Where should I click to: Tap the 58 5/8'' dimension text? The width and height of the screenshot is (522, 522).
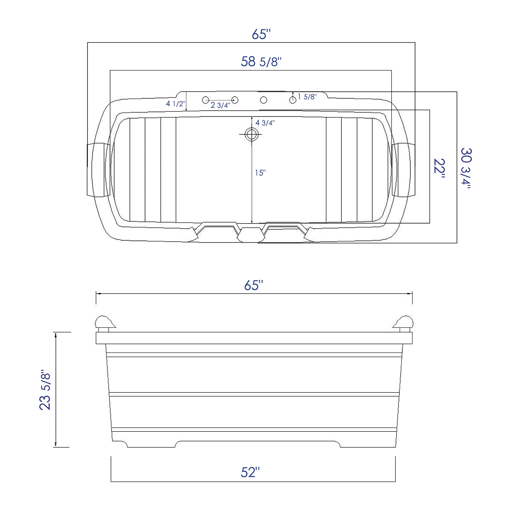click(261, 62)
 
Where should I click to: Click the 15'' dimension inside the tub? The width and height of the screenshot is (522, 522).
click(260, 173)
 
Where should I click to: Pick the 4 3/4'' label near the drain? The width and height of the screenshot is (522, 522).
click(265, 123)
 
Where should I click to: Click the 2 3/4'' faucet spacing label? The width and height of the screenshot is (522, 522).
click(220, 105)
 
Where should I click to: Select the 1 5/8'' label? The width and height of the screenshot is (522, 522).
click(307, 97)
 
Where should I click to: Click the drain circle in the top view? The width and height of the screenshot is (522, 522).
click(251, 134)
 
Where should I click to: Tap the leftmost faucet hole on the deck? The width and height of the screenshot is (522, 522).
click(205, 100)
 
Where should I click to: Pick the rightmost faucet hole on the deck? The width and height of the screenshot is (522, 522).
click(293, 100)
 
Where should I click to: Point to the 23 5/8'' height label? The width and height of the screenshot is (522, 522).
click(45, 391)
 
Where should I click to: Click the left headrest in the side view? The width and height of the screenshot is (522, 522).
click(104, 323)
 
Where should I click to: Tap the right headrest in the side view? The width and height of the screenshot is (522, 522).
click(404, 323)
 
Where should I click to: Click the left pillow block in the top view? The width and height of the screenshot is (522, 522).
click(97, 170)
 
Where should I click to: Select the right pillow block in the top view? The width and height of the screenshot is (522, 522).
click(404, 170)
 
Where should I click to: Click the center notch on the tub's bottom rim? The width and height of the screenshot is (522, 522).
click(251, 234)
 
